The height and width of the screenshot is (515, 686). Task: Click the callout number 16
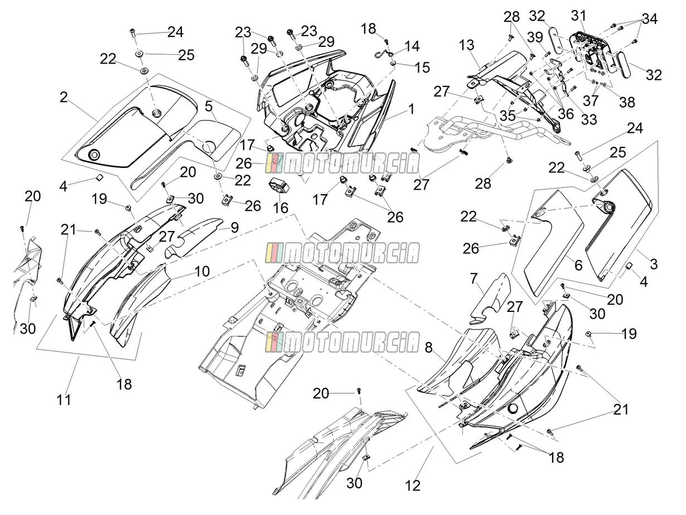tap(281, 208)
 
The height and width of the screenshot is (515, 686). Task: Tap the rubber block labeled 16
tap(278, 185)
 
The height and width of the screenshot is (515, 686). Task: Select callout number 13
tap(467, 45)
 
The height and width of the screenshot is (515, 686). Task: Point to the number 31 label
tap(578, 16)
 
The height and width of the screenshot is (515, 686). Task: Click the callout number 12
tap(413, 485)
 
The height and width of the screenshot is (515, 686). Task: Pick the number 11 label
tap(64, 400)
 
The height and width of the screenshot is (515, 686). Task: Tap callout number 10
tap(202, 271)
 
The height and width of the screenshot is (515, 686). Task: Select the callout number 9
tap(235, 227)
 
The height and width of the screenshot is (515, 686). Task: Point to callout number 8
tap(428, 348)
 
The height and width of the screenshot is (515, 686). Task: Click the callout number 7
tap(474, 278)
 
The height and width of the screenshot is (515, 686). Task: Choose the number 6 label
tap(578, 266)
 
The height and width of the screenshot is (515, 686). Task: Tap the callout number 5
tap(209, 107)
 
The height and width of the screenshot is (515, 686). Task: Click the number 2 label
tap(64, 97)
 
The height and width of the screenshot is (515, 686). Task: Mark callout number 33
tap(589, 119)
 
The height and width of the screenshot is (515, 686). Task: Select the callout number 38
tap(627, 102)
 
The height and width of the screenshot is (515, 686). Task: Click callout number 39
tap(535, 37)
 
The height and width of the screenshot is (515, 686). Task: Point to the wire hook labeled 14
tap(382, 54)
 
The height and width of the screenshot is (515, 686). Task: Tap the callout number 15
tap(422, 68)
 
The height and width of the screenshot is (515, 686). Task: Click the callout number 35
tap(507, 115)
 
